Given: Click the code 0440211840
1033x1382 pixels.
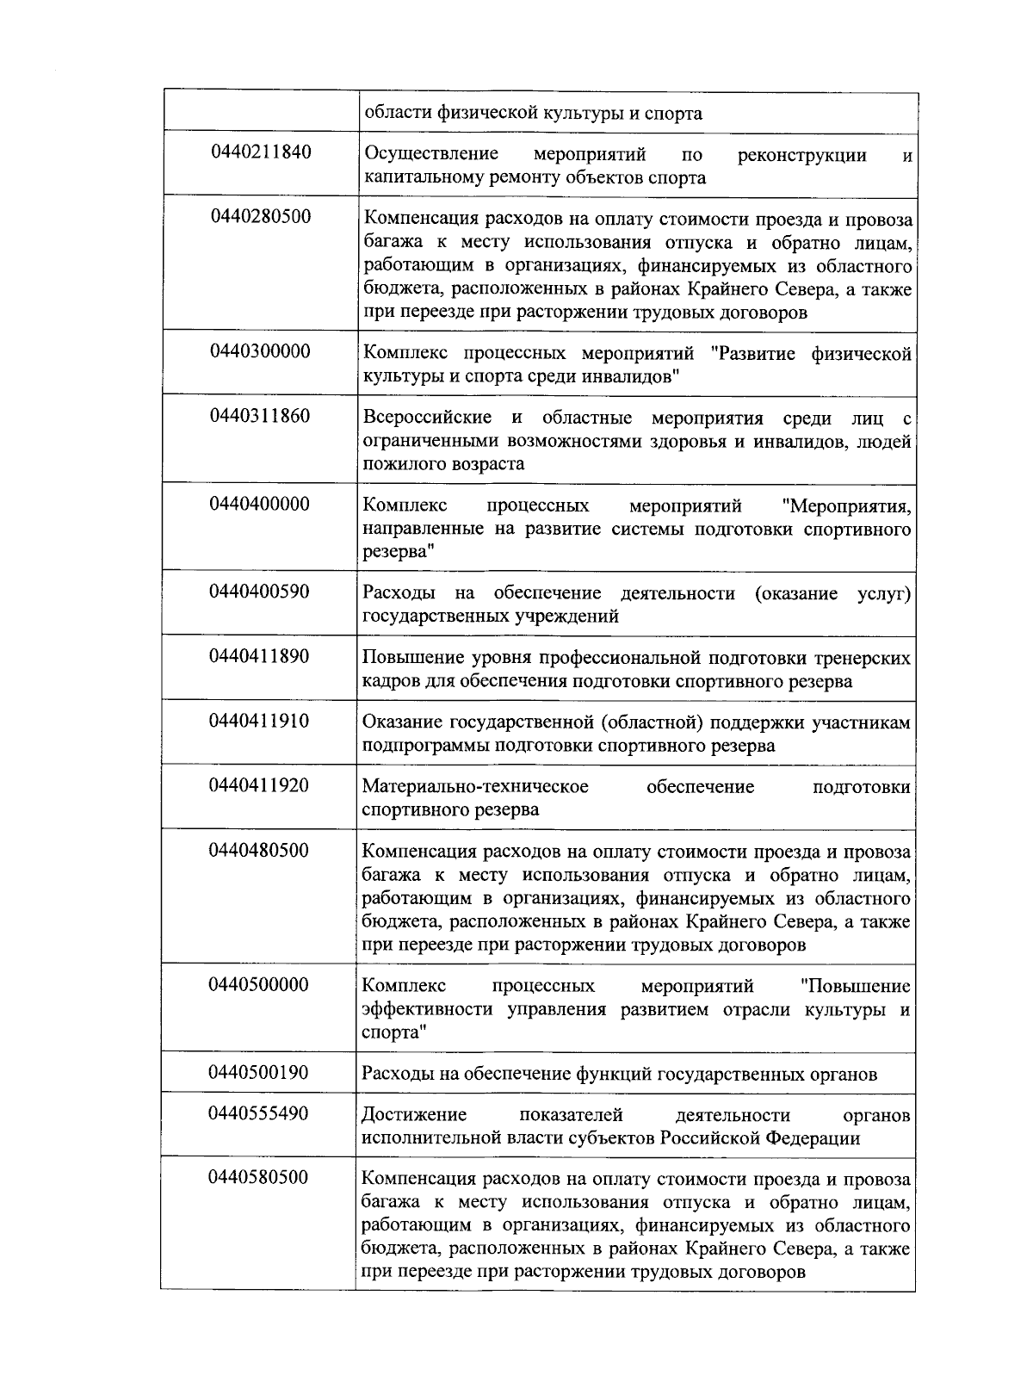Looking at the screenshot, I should [x=260, y=152].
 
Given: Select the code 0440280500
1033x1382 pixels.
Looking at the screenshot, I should [x=260, y=216].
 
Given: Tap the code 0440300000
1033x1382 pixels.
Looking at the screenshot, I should [x=260, y=351].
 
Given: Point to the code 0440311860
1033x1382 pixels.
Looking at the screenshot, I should [x=260, y=416].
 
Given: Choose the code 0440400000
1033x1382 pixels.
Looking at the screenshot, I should [x=259, y=504].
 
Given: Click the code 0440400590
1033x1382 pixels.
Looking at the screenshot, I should [x=259, y=592].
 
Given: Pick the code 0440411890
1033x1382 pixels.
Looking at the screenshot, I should [x=259, y=656].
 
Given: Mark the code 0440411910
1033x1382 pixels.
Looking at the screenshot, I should [x=259, y=721].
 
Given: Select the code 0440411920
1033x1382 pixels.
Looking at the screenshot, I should [x=259, y=785].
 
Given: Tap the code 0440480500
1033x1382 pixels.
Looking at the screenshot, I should [x=258, y=851].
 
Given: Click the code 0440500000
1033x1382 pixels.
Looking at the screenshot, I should [x=258, y=985].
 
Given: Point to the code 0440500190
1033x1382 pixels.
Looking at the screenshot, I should [x=258, y=1073].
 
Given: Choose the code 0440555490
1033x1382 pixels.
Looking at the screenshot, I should [x=258, y=1113].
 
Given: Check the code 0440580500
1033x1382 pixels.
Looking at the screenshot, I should [x=258, y=1178].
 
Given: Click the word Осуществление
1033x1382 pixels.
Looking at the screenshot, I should [x=431, y=155].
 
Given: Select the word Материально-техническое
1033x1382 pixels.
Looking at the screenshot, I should [x=475, y=787].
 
